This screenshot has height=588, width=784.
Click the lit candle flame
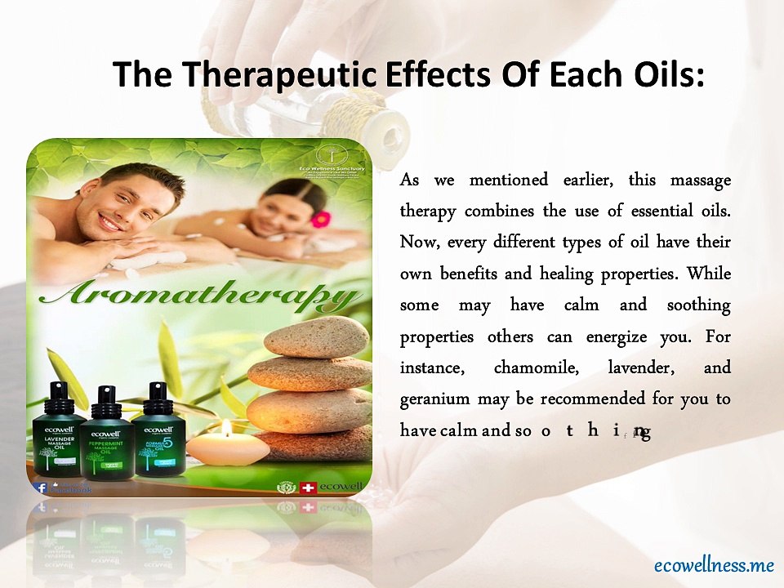(226, 426)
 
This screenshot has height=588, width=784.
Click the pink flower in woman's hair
(321, 219)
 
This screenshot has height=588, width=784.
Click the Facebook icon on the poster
(39, 488)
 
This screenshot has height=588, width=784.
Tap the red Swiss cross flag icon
(308, 488)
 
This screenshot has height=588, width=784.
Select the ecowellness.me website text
(713, 564)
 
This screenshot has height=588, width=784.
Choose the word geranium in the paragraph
(434, 399)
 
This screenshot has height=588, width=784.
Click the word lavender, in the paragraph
(641, 367)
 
